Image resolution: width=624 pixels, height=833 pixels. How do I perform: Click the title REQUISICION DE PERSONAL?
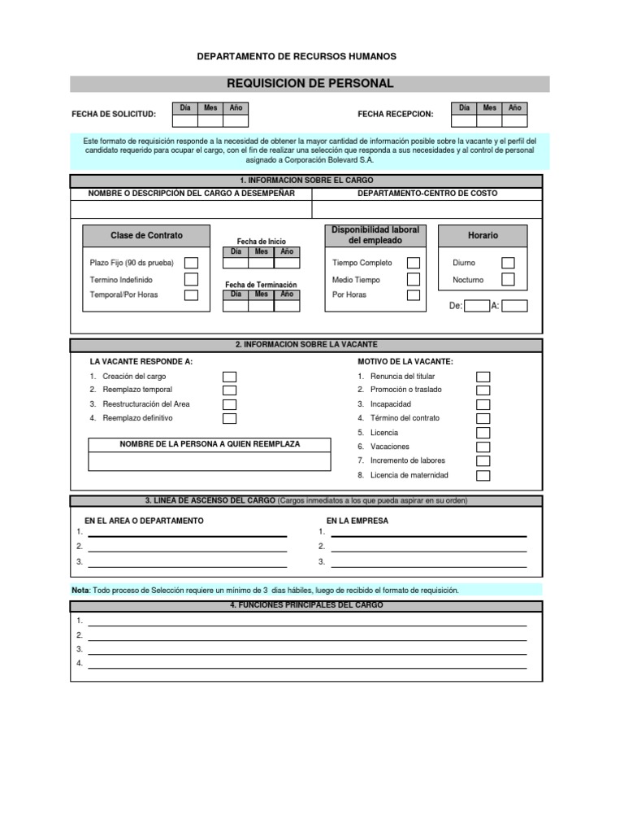pyautogui.click(x=310, y=84)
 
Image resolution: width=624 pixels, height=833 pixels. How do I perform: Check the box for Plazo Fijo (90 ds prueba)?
pyautogui.click(x=191, y=263)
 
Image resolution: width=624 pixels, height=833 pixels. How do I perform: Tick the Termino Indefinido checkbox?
pyautogui.click(x=191, y=279)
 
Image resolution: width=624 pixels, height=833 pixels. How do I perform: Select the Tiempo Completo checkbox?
pyautogui.click(x=414, y=263)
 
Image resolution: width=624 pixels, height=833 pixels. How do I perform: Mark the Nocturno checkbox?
pyautogui.click(x=508, y=279)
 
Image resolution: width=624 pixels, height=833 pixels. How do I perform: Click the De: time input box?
pyautogui.click(x=477, y=307)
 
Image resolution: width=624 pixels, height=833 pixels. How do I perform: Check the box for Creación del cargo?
pyautogui.click(x=230, y=377)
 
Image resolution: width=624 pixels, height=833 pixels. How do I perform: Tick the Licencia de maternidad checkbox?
pyautogui.click(x=483, y=475)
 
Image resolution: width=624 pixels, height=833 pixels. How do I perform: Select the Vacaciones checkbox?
pyautogui.click(x=483, y=447)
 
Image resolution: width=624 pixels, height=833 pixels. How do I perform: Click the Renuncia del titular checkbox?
pyautogui.click(x=483, y=377)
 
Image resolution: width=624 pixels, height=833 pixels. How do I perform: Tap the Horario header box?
pyautogui.click(x=483, y=236)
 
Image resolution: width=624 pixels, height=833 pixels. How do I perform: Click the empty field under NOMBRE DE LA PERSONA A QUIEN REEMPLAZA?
pyautogui.click(x=210, y=461)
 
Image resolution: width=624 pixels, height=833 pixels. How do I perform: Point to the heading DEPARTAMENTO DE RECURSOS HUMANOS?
pyautogui.click(x=297, y=56)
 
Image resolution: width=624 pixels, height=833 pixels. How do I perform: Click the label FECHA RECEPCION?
pyautogui.click(x=396, y=115)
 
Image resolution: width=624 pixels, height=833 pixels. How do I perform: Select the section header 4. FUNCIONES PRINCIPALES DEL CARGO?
pyautogui.click(x=306, y=605)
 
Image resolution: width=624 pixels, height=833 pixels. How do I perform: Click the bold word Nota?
pyautogui.click(x=80, y=590)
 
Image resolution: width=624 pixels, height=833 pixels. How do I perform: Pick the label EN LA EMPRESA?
pyautogui.click(x=357, y=521)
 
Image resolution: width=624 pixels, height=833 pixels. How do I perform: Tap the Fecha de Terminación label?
pyautogui.click(x=261, y=285)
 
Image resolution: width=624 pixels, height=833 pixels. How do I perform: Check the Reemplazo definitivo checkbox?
pyautogui.click(x=230, y=418)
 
